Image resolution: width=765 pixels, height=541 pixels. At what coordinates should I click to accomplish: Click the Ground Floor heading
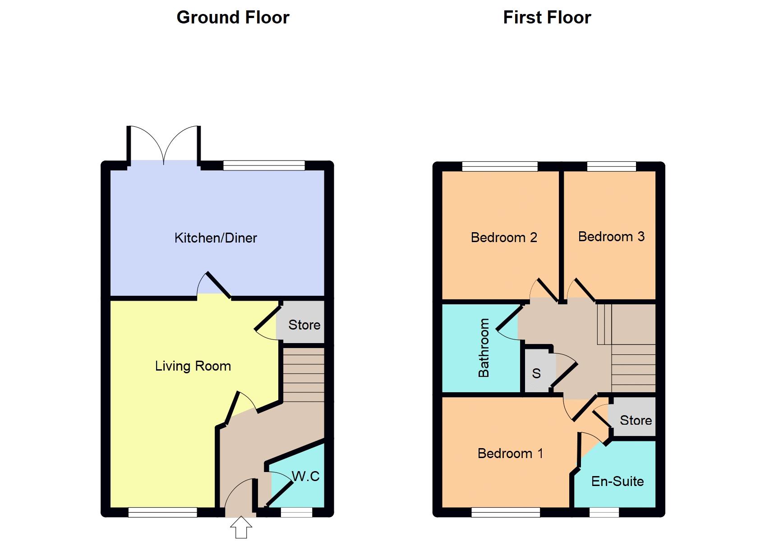233,18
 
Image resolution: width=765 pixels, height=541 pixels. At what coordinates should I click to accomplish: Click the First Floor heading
547,18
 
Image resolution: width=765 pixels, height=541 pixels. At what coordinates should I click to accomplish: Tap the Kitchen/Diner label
216,238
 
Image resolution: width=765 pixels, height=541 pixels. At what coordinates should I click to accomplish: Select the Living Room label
193,366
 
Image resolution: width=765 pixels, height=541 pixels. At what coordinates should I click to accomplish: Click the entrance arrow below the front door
241,527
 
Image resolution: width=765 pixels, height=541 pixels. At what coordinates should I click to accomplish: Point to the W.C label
305,476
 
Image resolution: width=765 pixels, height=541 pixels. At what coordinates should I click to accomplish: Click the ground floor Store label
304,325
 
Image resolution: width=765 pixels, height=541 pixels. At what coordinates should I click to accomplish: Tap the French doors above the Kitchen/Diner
164,144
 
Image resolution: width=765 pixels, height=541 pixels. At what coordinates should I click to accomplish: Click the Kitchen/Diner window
264,165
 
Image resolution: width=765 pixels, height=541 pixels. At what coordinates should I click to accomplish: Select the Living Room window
162,512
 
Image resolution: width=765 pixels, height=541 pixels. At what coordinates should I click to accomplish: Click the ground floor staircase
303,374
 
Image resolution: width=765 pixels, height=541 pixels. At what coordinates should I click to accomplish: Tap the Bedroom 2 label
504,238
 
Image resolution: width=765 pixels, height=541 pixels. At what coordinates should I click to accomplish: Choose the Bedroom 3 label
611,236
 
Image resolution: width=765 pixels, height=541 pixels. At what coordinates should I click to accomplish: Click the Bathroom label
484,348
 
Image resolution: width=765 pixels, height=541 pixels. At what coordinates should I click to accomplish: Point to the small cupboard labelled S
536,373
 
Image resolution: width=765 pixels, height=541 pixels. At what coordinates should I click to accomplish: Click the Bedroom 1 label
510,453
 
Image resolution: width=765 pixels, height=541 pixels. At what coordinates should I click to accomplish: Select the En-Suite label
617,481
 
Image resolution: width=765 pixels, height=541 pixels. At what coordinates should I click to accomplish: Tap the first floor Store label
636,420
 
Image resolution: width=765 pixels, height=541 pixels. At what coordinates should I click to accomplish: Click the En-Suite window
604,512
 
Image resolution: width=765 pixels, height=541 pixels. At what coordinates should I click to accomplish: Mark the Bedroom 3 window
611,166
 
